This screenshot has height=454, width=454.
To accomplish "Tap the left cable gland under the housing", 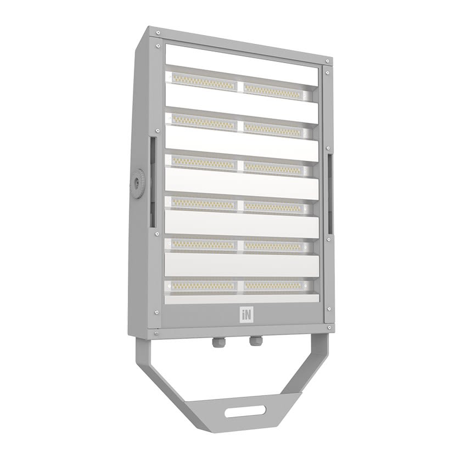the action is [217, 343].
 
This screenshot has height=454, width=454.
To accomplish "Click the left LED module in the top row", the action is [203, 80].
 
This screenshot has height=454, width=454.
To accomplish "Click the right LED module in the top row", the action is [274, 89].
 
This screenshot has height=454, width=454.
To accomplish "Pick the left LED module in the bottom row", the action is [203, 285].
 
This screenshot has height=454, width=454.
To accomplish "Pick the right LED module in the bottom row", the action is [274, 286].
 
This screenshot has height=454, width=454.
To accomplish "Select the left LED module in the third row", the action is [203, 162].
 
